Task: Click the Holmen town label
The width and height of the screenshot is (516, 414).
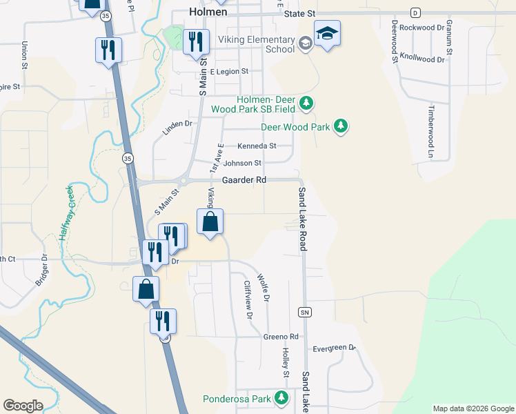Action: coord(208,11)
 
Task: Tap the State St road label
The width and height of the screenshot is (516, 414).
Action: coord(301,13)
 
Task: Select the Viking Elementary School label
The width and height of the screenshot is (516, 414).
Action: coord(257,45)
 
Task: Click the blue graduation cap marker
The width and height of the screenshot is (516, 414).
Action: coord(326,33)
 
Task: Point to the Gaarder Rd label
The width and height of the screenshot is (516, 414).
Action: coord(244,180)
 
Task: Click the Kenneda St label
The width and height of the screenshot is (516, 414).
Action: coord(257,146)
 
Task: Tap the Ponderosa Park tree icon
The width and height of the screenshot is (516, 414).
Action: coord(281,397)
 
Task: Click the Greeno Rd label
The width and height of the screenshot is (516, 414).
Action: coord(280,337)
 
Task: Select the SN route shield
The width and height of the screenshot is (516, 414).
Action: coord(304,312)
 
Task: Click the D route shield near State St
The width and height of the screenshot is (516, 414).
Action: coord(415,12)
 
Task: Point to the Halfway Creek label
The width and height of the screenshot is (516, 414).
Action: coord(66,212)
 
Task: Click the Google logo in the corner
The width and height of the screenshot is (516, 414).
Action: coord(23,406)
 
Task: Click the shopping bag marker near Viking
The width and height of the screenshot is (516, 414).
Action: coord(211,223)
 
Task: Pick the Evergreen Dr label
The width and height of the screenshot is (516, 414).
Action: coord(334,348)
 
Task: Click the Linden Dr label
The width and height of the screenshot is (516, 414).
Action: coord(177,124)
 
